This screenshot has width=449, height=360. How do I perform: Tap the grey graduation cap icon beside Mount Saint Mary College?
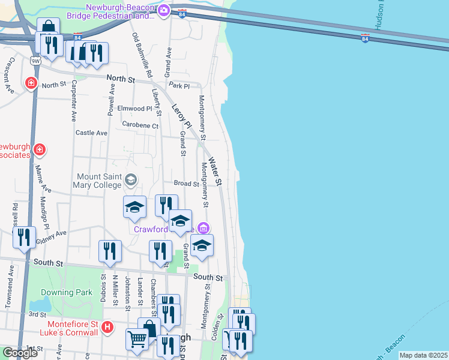pyautogui.click(x=130, y=179)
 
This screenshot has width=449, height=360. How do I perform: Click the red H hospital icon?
pyautogui.click(x=107, y=327)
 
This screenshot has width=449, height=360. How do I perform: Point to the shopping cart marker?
pyautogui.click(x=137, y=339)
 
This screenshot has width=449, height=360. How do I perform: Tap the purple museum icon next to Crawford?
pyautogui.click(x=203, y=228)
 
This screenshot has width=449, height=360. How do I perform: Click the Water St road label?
pyautogui.click(x=215, y=174)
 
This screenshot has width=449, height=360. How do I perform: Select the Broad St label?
pyautogui.click(x=186, y=184)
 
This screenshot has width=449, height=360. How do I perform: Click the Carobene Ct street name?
pyautogui.click(x=140, y=125)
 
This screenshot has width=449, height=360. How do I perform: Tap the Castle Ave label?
pyautogui.click(x=91, y=133)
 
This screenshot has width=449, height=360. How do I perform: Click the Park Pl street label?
pyautogui.click(x=179, y=85)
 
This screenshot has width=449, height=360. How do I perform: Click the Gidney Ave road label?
pyautogui.click(x=51, y=236)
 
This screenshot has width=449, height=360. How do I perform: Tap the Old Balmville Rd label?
pyautogui.click(x=143, y=54)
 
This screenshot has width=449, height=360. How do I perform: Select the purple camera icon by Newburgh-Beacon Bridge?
pyautogui.click(x=164, y=10)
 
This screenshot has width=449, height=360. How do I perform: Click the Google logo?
pyautogui.click(x=20, y=353)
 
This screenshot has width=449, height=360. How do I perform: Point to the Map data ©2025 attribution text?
pyautogui.click(x=423, y=355)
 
